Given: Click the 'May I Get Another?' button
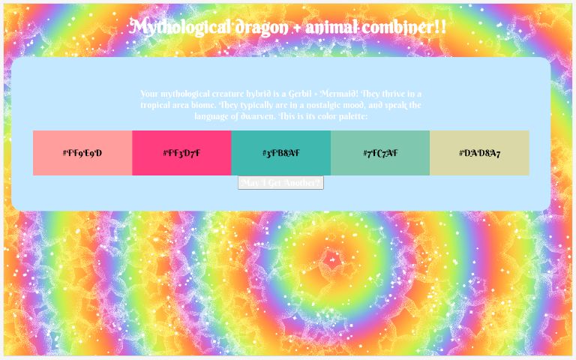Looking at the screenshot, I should tap(280, 183).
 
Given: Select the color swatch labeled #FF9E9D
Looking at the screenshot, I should tap(82, 153).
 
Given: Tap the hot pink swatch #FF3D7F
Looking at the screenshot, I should tap(181, 153).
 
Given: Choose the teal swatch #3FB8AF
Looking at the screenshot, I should tap(280, 153).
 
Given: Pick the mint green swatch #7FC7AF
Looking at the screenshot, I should tap(380, 153).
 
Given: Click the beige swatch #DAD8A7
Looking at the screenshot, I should tap(479, 153).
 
